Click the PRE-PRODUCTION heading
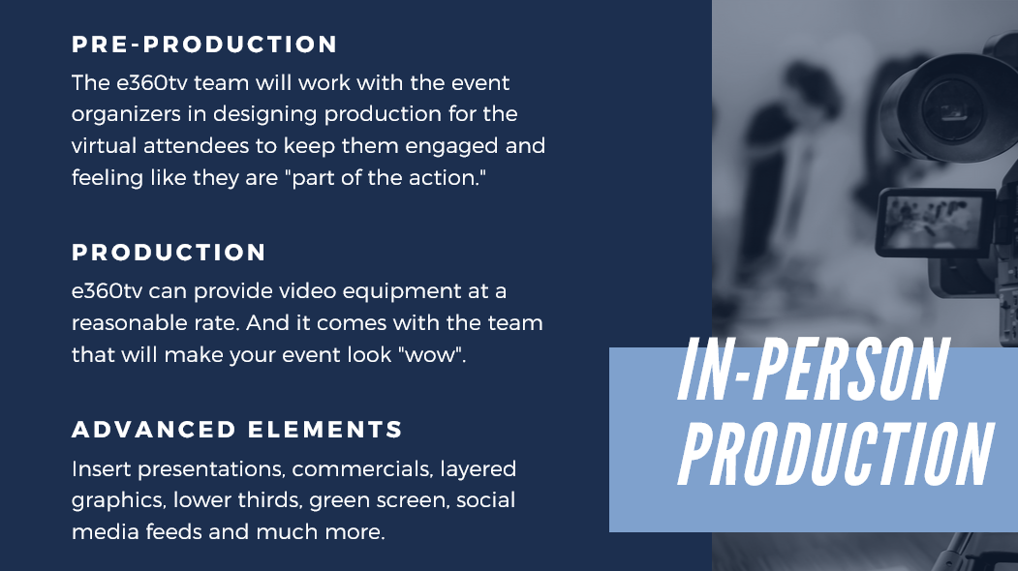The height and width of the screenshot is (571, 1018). pyautogui.click(x=204, y=45)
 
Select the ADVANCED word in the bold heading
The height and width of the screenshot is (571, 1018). pyautogui.click(x=154, y=430)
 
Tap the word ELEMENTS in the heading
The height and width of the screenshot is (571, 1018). pyautogui.click(x=325, y=430)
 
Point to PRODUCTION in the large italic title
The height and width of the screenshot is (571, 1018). pyautogui.click(x=836, y=454)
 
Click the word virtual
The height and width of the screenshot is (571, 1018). pyautogui.click(x=104, y=146)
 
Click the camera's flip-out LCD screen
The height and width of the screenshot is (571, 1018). pyautogui.click(x=935, y=222)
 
